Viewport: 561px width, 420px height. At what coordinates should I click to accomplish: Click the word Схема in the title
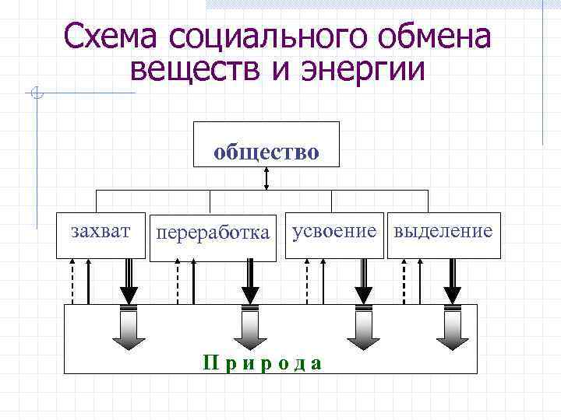click(108, 36)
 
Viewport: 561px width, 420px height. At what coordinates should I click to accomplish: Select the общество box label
click(266, 151)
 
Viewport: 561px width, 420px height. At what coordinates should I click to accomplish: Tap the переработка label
click(213, 233)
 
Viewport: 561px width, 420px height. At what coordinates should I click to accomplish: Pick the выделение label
click(443, 231)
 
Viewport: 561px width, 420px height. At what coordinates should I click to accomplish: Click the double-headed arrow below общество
click(266, 178)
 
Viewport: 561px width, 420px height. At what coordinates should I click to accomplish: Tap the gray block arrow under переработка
click(249, 328)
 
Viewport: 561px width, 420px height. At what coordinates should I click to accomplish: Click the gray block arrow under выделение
click(453, 328)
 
